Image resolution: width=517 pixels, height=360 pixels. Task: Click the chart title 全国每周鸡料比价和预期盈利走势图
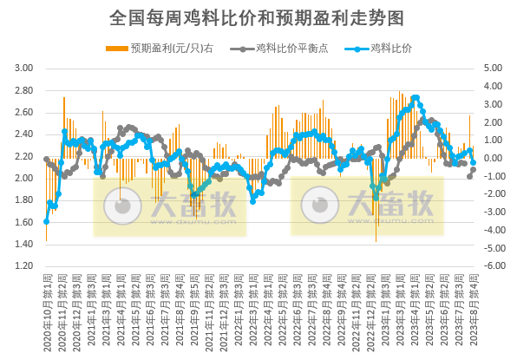[258, 16]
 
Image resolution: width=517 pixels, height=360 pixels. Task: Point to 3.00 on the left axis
[24, 68]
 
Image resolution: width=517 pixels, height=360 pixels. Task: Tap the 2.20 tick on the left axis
[24, 156]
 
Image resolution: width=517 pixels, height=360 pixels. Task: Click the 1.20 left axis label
[24, 266]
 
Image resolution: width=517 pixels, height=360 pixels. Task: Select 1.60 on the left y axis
[24, 222]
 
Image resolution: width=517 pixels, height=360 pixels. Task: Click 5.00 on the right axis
[493, 68]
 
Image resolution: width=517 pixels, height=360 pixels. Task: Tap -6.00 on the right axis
[492, 266]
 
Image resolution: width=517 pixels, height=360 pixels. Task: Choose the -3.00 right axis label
[492, 213]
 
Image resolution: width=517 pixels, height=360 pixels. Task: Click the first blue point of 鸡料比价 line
[46, 221]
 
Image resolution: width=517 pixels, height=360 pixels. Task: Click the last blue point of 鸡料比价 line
[474, 162]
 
